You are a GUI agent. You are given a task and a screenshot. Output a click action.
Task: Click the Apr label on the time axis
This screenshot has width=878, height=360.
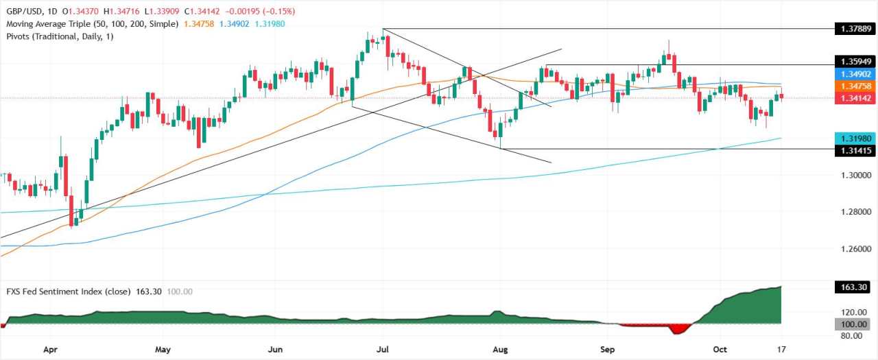coord(50,349)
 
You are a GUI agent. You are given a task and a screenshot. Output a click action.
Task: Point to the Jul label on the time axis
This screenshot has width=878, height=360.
coord(383,349)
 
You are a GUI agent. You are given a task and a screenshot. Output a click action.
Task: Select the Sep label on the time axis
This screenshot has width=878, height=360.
coord(608,349)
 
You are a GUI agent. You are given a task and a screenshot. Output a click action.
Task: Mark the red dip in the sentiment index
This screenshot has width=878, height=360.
coord(679,329)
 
